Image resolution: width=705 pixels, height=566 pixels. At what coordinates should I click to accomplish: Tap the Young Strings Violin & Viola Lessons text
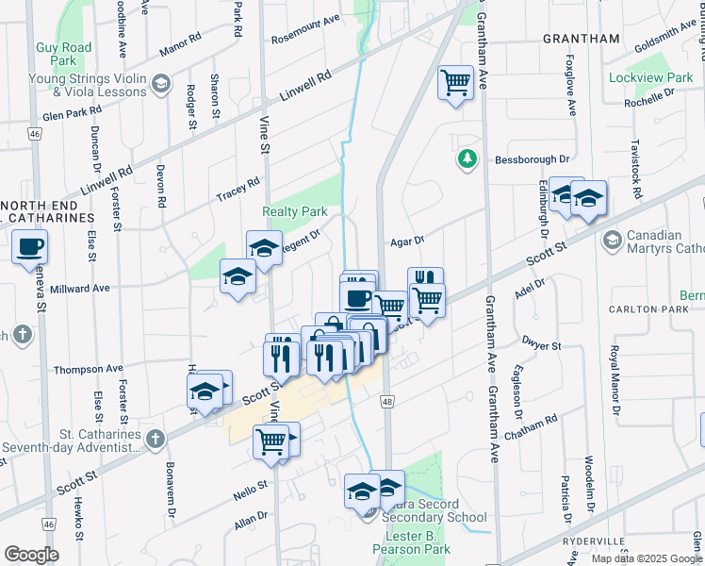point(88,86)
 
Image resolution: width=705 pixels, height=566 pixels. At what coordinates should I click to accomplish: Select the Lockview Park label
point(650,77)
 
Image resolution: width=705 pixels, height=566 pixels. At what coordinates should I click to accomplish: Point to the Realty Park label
point(295,212)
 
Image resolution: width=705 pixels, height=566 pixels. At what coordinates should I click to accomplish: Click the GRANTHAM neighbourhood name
point(582,39)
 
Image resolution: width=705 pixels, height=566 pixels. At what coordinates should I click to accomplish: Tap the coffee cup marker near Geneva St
point(29,248)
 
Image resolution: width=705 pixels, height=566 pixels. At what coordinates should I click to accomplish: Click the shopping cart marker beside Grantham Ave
point(455,82)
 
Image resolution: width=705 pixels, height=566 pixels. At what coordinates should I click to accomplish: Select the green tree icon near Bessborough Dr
point(466,158)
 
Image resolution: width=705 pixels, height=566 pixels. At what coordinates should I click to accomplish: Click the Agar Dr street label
point(408,241)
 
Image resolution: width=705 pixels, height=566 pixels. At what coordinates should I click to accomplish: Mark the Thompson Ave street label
point(89,369)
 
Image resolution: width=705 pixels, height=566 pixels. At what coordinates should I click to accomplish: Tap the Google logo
point(30,555)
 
